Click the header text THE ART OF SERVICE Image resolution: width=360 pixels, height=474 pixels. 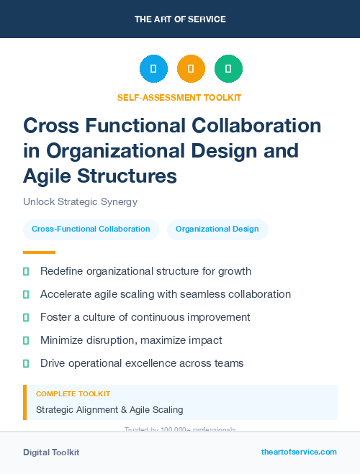coord(180,19)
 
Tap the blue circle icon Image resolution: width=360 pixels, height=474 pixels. coord(153,69)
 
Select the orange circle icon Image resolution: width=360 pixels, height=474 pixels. coord(191,69)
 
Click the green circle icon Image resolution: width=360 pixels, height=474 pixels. coord(228,69)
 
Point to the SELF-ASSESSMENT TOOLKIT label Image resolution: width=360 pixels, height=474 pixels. coord(179,97)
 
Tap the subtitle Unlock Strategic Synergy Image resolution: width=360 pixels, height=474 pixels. coord(80,202)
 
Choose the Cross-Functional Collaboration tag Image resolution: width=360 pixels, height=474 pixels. coord(91,229)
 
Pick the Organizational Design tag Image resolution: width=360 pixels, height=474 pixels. coord(217,229)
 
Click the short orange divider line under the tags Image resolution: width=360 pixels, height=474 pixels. coord(39,252)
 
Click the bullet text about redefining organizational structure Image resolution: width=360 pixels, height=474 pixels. coord(145,271)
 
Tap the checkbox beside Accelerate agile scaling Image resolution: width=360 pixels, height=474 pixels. coord(27,294)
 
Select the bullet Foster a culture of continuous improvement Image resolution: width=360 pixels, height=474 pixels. coord(145,317)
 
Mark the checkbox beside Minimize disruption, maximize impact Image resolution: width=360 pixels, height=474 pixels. coord(27,340)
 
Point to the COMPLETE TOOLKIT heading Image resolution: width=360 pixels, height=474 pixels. coord(73,394)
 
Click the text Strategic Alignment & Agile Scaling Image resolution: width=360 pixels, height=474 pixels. coord(109,410)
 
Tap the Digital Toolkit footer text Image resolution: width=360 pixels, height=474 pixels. coord(51,452)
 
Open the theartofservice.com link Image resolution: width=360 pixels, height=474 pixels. coord(299,452)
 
